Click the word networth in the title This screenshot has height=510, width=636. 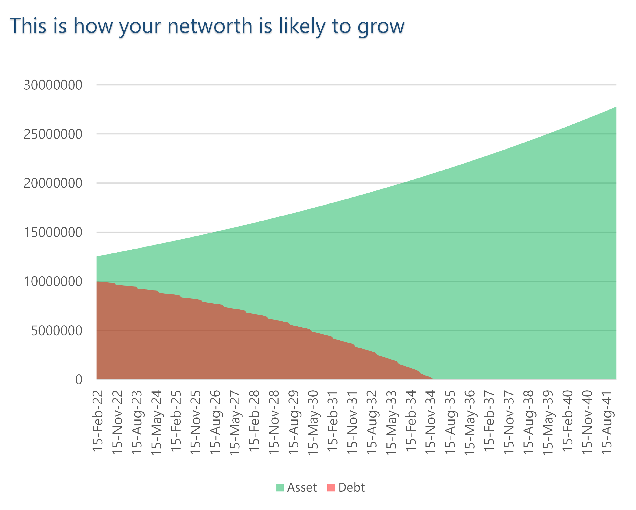[x=210, y=26]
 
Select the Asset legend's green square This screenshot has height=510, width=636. [x=280, y=488]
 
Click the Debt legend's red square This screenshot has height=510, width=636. [x=331, y=488]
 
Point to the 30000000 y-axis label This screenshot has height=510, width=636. [x=53, y=85]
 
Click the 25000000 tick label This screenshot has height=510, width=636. [x=53, y=134]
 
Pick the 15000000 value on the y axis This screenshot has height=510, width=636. [x=53, y=232]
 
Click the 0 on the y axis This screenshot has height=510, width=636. [x=78, y=380]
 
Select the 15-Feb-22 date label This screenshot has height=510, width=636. [x=98, y=421]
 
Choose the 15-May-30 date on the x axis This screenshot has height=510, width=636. [x=313, y=423]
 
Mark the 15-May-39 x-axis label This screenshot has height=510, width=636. [x=548, y=423]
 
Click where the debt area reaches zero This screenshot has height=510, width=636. [x=432, y=379]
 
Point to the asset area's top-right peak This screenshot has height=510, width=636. [x=615, y=108]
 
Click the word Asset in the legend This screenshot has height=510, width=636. [x=302, y=488]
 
